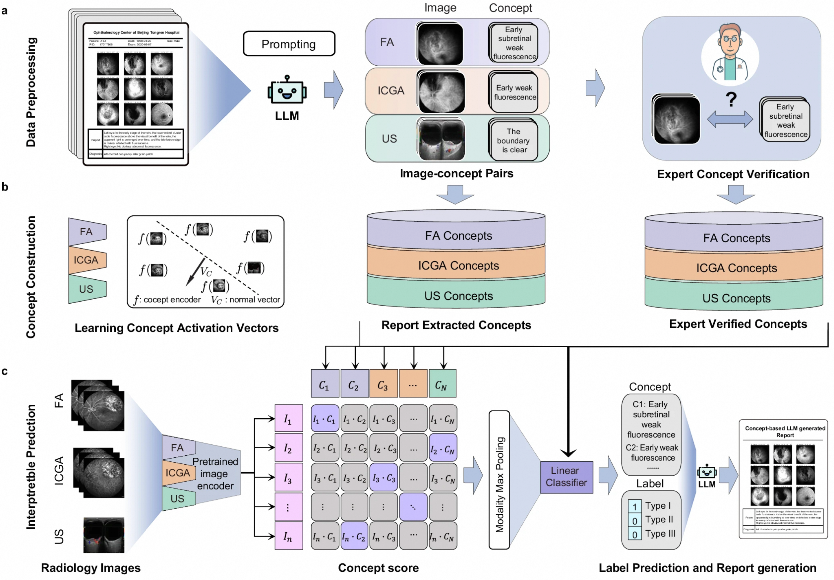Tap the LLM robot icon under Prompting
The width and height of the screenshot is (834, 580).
click(287, 90)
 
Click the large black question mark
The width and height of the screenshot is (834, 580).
click(731, 99)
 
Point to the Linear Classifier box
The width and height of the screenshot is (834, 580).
click(566, 477)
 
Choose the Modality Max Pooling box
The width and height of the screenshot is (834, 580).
click(500, 479)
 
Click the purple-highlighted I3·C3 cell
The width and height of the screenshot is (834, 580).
click(384, 478)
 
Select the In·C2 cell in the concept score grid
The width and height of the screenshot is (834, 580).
click(354, 536)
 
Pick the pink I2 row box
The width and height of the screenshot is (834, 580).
click(288, 448)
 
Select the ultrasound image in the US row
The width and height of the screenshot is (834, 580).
click(441, 140)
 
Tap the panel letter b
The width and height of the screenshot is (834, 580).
click(5, 187)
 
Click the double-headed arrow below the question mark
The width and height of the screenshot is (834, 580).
click(730, 119)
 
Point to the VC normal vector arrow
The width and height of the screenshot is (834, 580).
click(196, 272)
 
